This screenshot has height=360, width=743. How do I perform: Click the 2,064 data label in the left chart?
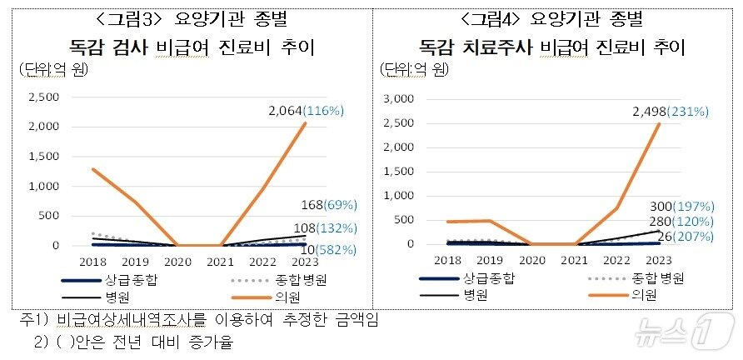[285, 110]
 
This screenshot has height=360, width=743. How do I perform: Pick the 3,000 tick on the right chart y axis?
[397, 98]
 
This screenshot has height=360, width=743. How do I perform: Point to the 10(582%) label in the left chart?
[328, 249]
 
